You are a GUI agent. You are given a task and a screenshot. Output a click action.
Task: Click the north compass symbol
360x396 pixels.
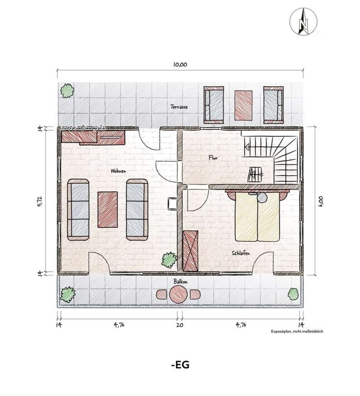[x=303, y=22]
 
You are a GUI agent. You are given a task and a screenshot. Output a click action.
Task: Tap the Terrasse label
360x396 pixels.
[x=179, y=107]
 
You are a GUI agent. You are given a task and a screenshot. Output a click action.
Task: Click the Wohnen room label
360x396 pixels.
[x=118, y=171]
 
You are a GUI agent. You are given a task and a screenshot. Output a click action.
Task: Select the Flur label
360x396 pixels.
[x=213, y=158]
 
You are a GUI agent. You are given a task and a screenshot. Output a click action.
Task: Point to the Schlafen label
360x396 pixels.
[x=241, y=253]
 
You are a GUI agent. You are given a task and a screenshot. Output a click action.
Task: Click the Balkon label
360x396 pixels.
[x=180, y=282]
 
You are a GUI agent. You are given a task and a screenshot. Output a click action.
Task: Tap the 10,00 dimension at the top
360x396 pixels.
[x=180, y=65]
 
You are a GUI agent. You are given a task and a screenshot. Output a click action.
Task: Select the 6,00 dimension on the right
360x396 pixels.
[x=321, y=201]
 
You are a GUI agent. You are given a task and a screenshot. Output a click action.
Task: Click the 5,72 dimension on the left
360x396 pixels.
[x=40, y=201]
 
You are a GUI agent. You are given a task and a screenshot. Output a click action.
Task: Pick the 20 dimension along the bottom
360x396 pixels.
[x=180, y=325]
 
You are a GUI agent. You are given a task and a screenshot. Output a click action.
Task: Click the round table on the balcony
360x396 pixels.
[x=178, y=294]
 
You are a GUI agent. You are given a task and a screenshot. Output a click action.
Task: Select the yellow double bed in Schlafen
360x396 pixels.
[x=257, y=216]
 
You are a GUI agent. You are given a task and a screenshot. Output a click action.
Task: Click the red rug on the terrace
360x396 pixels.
[x=243, y=105]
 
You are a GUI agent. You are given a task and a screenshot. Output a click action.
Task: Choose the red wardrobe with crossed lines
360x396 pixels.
[x=190, y=251]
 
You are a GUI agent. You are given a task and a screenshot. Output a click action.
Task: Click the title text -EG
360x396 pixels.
[x=180, y=365]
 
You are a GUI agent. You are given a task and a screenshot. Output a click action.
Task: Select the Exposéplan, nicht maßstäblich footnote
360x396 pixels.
[x=297, y=331]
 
